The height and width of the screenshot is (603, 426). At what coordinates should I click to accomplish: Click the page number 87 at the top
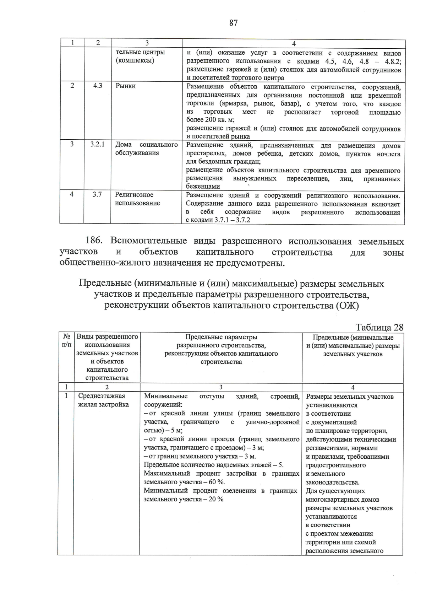pyautogui.click(x=233, y=23)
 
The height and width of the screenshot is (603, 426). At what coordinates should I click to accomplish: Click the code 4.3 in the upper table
pyautogui.click(x=98, y=86)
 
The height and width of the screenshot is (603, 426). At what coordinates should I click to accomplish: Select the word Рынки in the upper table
pyautogui.click(x=125, y=86)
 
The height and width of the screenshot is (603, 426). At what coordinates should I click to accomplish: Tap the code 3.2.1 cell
pyautogui.click(x=97, y=145)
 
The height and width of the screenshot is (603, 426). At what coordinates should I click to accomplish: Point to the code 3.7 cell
pyautogui.click(x=97, y=194)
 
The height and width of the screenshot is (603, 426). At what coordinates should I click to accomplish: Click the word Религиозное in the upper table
pyautogui.click(x=134, y=195)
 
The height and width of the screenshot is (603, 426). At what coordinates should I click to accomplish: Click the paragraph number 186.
pyautogui.click(x=94, y=241)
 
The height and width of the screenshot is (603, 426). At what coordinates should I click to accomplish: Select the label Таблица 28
pyautogui.click(x=379, y=327)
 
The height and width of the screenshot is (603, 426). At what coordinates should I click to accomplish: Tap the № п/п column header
pyautogui.click(x=66, y=340)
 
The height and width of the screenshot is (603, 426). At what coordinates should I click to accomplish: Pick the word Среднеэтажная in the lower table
pyautogui.click(x=102, y=396)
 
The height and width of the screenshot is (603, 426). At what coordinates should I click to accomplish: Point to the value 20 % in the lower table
pyautogui.click(x=216, y=499)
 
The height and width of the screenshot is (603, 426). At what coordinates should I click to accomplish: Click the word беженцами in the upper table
pyautogui.click(x=203, y=186)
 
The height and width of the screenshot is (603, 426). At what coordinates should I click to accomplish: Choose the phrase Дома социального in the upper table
pyautogui.click(x=146, y=145)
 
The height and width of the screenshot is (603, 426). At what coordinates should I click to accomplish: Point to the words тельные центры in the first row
pyautogui.click(x=140, y=52)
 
